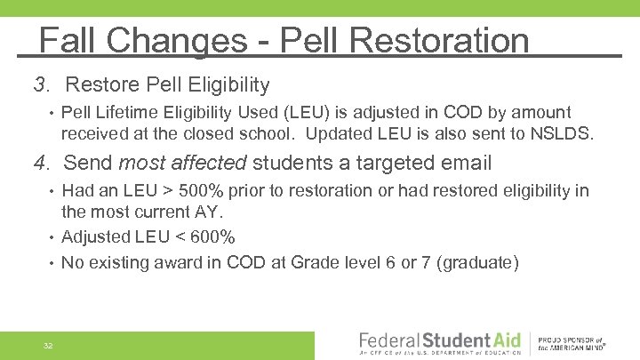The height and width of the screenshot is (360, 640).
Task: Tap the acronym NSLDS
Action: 564,133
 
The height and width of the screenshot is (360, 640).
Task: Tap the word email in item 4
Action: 462,163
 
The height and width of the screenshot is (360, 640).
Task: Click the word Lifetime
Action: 130,112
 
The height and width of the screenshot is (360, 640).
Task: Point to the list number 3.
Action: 41,85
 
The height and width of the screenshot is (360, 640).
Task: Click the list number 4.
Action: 41,163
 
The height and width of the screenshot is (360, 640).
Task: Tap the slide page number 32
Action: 48,345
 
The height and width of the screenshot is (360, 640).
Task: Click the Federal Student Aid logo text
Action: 436,341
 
